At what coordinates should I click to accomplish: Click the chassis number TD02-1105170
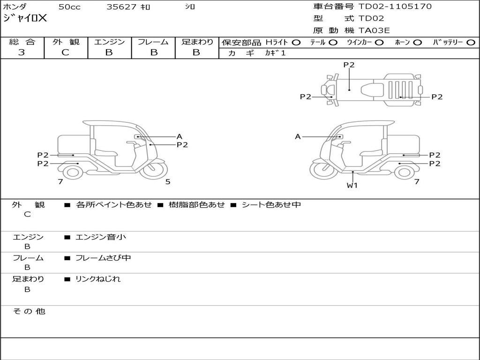point(395,7)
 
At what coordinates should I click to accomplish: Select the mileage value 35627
point(121,7)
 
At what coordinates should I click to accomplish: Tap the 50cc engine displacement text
point(69,7)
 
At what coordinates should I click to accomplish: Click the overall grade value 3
point(22,52)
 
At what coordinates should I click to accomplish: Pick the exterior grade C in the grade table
point(66,52)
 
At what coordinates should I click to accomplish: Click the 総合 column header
point(22,42)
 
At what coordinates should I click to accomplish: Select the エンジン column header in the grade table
point(109,42)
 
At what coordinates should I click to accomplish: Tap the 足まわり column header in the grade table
point(197,42)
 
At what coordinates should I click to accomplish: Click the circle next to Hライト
point(296,43)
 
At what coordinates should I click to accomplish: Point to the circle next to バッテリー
point(471,43)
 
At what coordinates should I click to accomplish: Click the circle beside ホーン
point(417,43)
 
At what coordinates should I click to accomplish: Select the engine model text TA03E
point(374,31)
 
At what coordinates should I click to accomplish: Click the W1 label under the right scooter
point(352,185)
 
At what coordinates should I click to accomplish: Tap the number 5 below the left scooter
point(168,182)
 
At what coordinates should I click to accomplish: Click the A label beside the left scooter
point(179,137)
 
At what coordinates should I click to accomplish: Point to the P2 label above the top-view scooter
point(349,65)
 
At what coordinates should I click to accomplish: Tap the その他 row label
point(29,311)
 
